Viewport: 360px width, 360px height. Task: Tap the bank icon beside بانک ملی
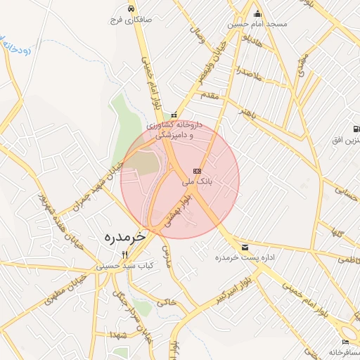point(196,171)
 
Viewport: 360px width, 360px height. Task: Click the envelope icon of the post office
point(245,247)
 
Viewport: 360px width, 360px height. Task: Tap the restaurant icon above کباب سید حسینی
point(125,255)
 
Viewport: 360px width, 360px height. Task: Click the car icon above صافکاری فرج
point(131,9)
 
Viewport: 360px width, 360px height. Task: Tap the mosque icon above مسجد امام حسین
point(257,13)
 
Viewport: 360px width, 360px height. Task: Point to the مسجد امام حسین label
point(257,24)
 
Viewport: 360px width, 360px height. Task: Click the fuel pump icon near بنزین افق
point(356,129)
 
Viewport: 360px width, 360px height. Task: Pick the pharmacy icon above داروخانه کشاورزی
point(174,115)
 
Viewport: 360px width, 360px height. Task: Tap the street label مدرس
point(167,254)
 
